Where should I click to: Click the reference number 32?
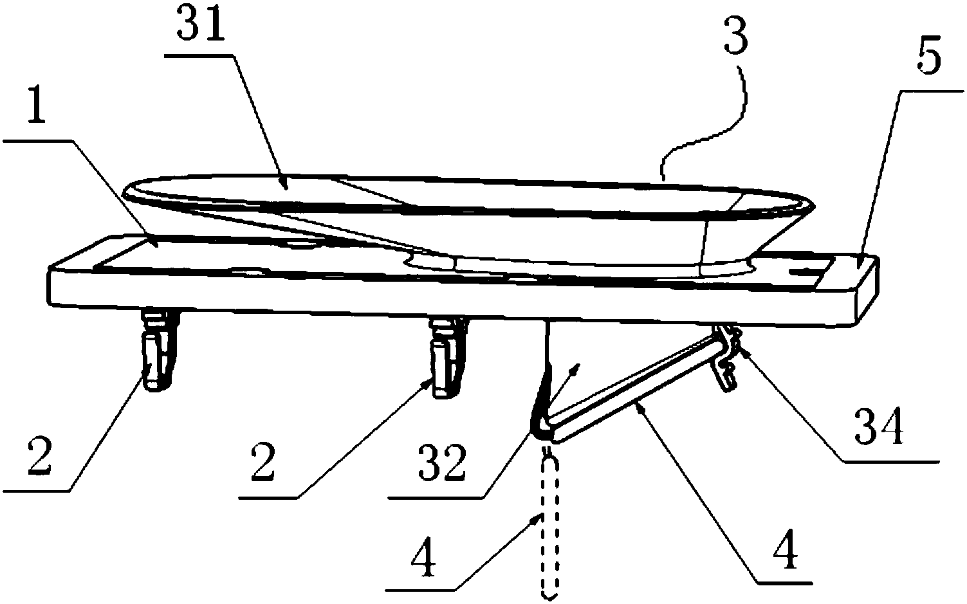point(441,464)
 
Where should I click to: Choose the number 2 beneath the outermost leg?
point(40,455)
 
